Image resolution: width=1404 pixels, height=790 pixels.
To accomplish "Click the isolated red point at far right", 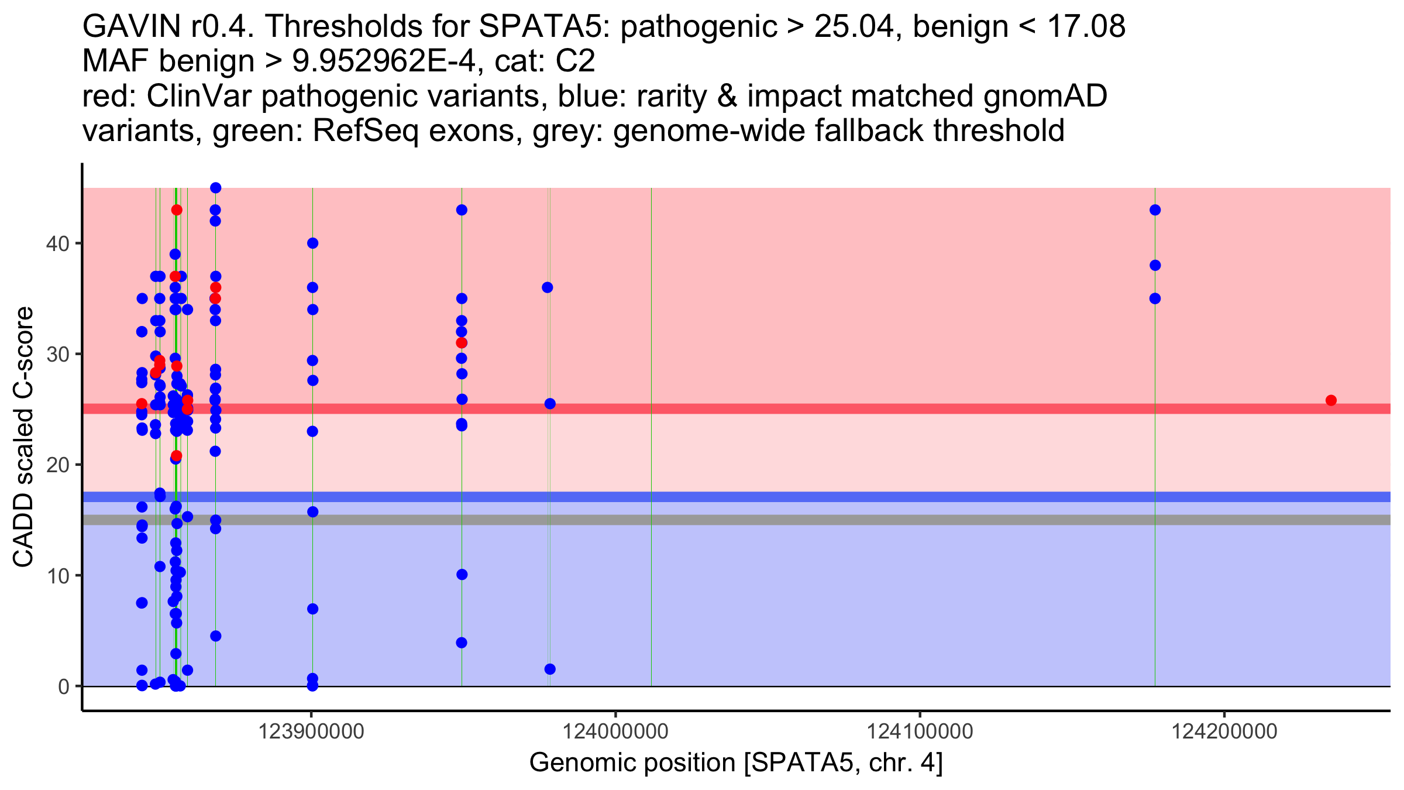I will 1331,400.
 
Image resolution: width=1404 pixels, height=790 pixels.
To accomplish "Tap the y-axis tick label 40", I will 57,243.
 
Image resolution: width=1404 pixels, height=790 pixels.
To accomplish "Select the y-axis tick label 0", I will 63,686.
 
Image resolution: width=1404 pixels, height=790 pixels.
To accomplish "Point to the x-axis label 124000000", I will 615,731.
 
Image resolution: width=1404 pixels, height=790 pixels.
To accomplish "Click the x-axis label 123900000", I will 311,731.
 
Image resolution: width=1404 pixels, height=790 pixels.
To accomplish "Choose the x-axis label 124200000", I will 1224,731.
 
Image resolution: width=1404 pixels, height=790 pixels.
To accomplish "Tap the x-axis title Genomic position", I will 632,762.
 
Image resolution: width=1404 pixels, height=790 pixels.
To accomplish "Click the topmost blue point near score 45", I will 215,188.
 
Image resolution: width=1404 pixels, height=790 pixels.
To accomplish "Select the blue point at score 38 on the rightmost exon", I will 1155,266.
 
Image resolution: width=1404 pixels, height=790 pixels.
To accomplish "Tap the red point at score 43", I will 177,210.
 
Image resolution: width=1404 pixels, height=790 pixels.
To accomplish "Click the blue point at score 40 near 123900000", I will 312,243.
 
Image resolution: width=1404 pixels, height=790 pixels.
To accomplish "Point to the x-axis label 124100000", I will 920,731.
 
